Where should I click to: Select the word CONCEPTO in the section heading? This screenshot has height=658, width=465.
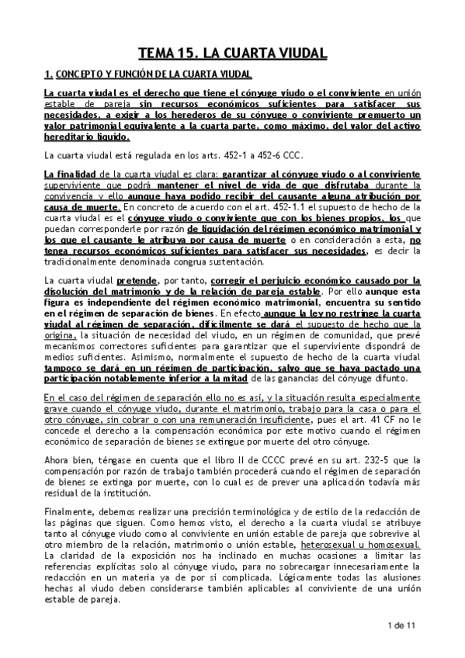tap(77, 75)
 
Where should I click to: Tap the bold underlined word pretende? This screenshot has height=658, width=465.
tap(135, 279)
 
